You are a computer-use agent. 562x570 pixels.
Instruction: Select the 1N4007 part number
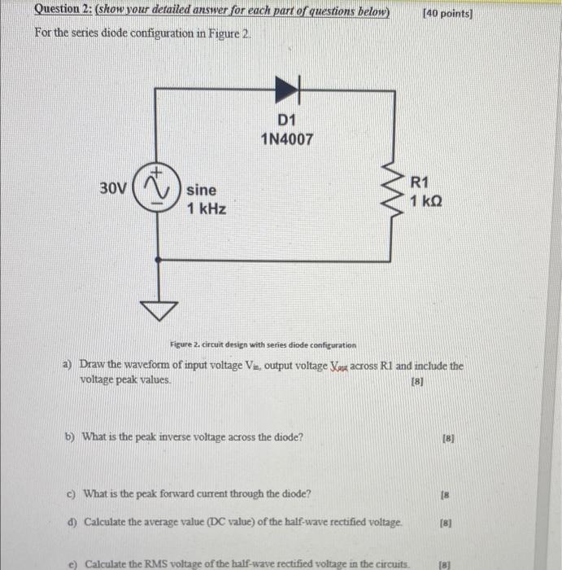coord(286,139)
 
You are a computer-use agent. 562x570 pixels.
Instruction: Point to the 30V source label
coord(114,188)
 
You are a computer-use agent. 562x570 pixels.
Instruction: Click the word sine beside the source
coord(202,190)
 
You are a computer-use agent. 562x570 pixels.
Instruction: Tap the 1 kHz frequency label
coord(207,209)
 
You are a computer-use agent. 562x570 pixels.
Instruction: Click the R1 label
coord(422,182)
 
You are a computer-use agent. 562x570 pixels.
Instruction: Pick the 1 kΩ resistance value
coord(428,201)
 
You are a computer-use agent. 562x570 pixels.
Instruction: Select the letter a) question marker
coord(68,366)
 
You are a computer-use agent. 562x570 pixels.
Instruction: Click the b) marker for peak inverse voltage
coord(69,436)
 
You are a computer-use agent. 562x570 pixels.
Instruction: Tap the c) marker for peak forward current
coord(72,493)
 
